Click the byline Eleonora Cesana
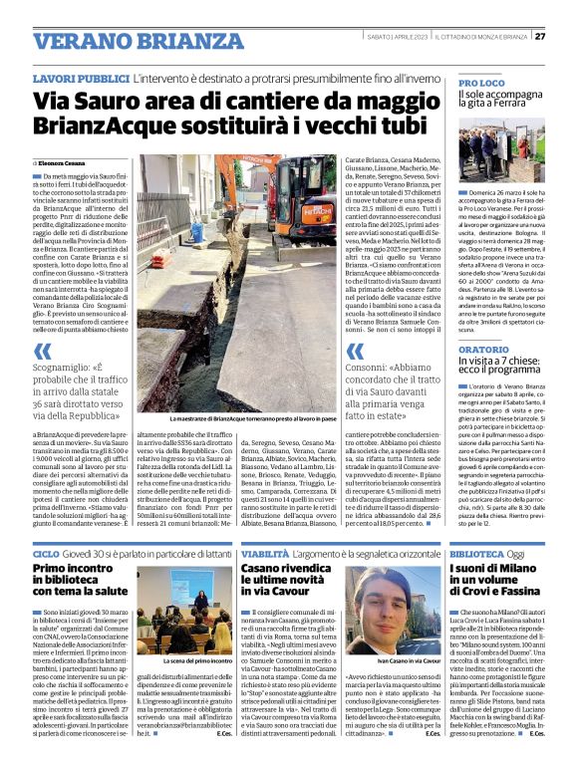pyautogui.click(x=63, y=161)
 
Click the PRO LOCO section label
pyautogui.click(x=482, y=84)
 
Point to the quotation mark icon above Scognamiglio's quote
pyautogui.click(x=43, y=351)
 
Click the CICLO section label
pyautogui.click(x=47, y=552)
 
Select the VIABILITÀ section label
pyautogui.click(x=266, y=552)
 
